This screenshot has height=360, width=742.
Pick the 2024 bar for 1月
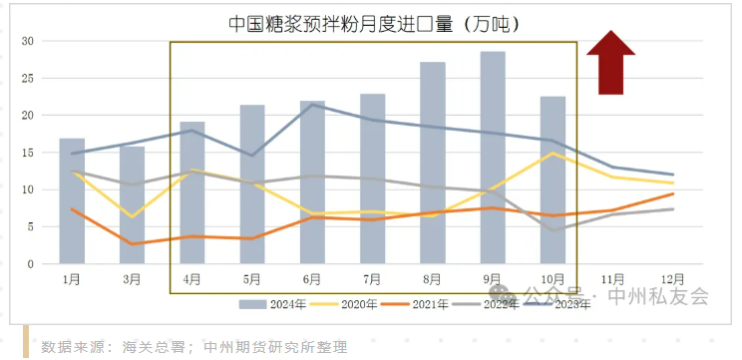point(72,200)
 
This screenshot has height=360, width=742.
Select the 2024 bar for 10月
point(553,180)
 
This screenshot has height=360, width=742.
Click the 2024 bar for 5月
point(252,183)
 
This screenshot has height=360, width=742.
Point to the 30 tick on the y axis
point(28,41)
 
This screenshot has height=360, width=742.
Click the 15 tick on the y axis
point(28,153)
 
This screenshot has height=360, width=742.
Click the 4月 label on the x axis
point(191,279)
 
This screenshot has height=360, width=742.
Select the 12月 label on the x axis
point(673,279)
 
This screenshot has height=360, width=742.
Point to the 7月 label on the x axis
point(372,279)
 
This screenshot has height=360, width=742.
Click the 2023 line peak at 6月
point(312,105)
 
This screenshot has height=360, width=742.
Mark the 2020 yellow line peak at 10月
point(553,154)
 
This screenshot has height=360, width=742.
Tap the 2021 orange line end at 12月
point(673,193)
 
